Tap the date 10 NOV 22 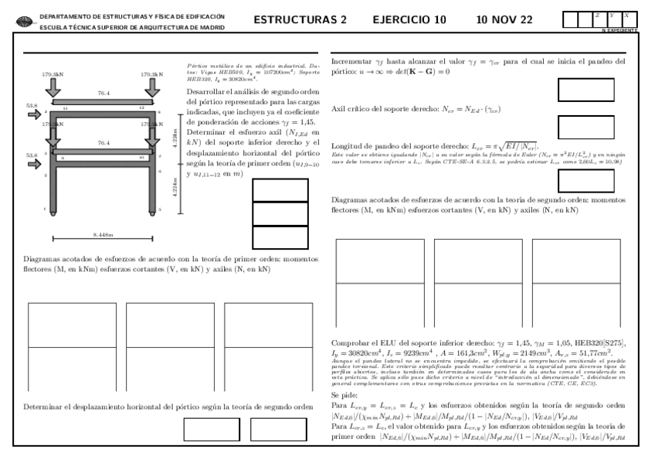[504, 19]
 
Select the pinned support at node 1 [52, 209]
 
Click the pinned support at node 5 [151, 209]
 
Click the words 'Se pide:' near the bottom [344, 393]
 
